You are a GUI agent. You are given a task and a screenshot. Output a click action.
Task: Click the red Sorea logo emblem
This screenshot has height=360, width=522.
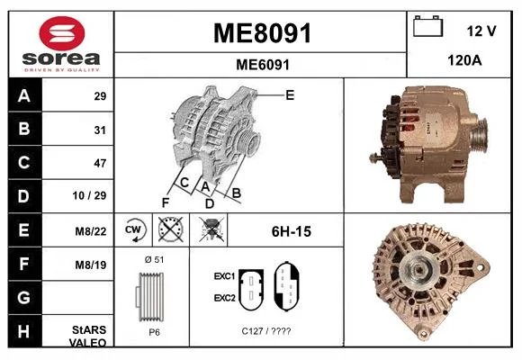click(x=61, y=33)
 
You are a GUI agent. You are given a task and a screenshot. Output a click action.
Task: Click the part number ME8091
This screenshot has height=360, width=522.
click(x=262, y=33)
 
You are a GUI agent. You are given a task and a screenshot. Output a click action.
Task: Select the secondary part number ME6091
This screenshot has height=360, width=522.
click(x=263, y=65)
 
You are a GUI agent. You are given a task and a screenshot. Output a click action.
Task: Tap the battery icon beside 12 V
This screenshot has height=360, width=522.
click(x=427, y=26)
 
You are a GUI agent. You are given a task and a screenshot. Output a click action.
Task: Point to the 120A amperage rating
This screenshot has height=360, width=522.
click(x=464, y=60)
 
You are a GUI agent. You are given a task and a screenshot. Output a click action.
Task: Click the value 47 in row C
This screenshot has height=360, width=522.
click(x=100, y=163)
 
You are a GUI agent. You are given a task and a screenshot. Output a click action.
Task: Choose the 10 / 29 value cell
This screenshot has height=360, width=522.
click(x=89, y=195)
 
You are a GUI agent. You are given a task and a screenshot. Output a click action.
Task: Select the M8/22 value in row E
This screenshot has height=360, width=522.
click(x=91, y=231)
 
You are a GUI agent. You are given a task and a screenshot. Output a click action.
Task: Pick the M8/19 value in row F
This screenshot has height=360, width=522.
click(x=91, y=265)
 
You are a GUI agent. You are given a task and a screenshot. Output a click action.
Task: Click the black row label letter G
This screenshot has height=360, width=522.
click(x=24, y=297)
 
